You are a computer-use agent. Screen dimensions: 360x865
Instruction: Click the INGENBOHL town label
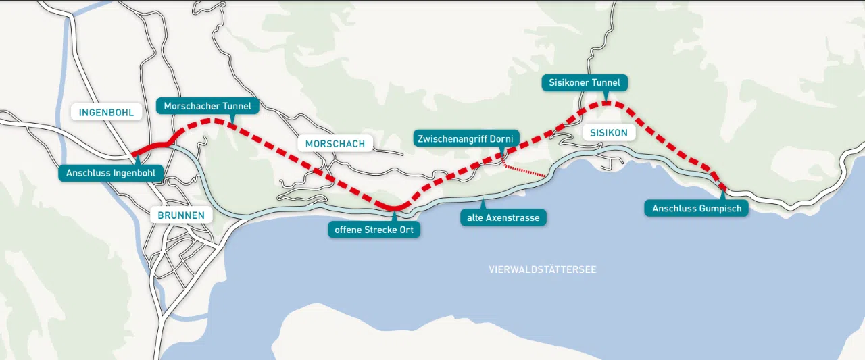(x=106, y=111)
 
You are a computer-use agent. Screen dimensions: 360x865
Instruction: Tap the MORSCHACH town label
(x=335, y=143)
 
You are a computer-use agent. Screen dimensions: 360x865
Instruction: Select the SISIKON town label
(x=608, y=133)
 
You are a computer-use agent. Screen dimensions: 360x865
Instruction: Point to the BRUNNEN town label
(x=181, y=215)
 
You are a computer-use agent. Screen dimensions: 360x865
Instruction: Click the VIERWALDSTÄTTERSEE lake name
(x=543, y=269)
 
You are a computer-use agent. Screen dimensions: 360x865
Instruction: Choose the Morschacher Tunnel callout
(x=207, y=106)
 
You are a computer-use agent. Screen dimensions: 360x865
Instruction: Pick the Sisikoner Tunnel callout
(x=585, y=82)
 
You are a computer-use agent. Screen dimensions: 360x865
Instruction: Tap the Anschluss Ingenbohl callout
(x=110, y=173)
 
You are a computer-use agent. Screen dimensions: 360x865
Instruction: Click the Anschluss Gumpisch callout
(x=696, y=208)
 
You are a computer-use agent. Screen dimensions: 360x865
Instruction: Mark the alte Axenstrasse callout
(x=503, y=217)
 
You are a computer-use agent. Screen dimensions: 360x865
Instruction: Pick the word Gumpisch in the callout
(x=718, y=208)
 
